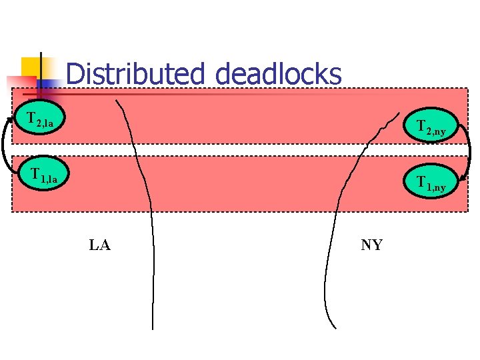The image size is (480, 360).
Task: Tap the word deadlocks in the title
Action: [278, 74]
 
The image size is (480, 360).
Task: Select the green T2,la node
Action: [41, 120]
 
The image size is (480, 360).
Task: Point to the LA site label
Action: [100, 245]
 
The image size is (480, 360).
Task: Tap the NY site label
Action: [371, 245]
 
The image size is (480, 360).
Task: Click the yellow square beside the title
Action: [31, 66]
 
